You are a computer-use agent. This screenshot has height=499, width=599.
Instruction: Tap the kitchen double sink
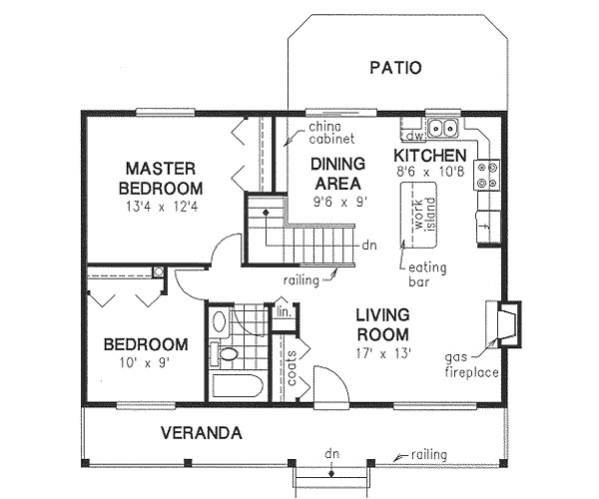[442, 128]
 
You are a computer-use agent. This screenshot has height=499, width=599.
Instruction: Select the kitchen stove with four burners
[487, 175]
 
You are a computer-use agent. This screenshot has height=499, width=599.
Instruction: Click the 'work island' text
[425, 215]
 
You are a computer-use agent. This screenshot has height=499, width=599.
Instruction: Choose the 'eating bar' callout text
[427, 274]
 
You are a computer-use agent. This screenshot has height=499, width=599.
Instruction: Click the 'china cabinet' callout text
[331, 133]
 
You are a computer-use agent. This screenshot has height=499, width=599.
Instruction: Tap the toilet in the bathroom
[224, 353]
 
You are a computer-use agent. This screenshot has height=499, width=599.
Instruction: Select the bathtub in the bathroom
[236, 386]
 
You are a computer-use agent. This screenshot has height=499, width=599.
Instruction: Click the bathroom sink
[220, 321]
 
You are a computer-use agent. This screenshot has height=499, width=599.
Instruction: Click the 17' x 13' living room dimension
[383, 353]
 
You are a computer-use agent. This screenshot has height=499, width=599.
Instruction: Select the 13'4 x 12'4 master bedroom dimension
[162, 207]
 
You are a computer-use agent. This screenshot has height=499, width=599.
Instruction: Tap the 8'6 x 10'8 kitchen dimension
[430, 172]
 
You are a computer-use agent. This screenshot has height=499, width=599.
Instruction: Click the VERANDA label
[202, 433]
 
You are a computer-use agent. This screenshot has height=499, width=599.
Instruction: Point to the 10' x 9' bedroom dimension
[144, 362]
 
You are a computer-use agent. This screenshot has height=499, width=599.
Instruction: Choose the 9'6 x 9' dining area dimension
[340, 202]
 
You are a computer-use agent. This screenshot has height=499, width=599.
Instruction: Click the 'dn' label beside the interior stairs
[369, 245]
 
